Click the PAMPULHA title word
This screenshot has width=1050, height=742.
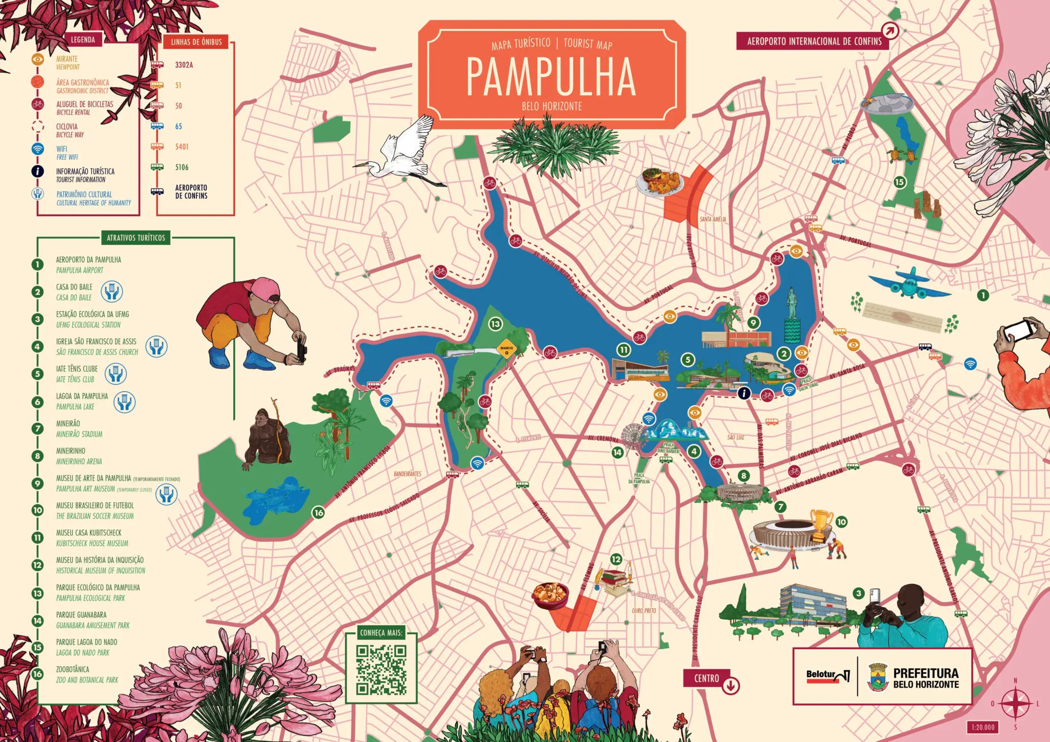[x=551, y=77]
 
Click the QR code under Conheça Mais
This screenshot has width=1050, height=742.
[x=381, y=670]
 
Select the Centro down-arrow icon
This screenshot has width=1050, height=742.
[x=731, y=685]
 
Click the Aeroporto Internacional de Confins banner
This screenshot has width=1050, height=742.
[x=814, y=41]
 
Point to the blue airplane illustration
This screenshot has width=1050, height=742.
[x=909, y=283]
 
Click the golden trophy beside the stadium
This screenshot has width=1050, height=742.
[x=821, y=524]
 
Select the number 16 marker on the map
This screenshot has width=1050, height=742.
[x=319, y=512]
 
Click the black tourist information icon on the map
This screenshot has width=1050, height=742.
[x=743, y=393]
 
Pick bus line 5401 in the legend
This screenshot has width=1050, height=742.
[x=181, y=147]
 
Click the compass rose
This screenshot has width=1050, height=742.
[x=1015, y=704]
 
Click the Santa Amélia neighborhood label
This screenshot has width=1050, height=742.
[x=713, y=219]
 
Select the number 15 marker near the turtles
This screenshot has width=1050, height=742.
[x=900, y=182]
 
